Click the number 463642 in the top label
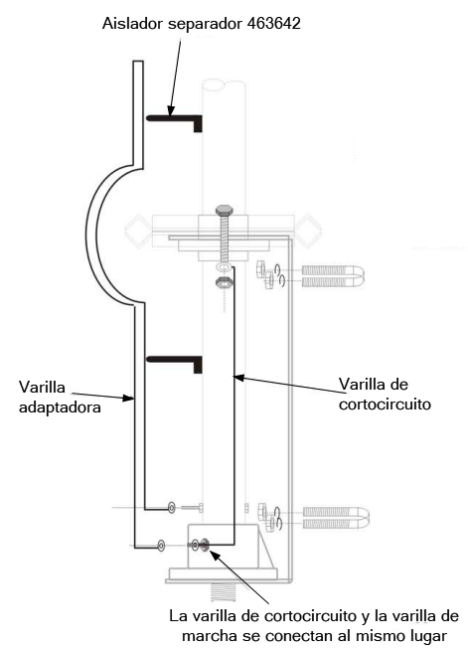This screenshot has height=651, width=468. [x=273, y=23]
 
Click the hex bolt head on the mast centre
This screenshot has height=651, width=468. [x=224, y=210]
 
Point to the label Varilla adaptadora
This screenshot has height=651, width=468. [x=60, y=397]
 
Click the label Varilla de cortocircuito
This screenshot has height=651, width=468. [x=385, y=394]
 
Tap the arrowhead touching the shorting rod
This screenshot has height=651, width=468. [x=238, y=378]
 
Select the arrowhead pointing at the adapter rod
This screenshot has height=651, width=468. [x=128, y=399]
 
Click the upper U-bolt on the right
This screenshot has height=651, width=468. [x=333, y=276]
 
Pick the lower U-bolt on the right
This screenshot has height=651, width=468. [x=336, y=517]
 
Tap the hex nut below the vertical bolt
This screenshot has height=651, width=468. [x=224, y=282]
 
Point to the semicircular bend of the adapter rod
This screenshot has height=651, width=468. [x=89, y=236]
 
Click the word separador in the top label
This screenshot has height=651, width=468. [x=205, y=24]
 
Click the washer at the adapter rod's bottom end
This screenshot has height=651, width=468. [x=161, y=545]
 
